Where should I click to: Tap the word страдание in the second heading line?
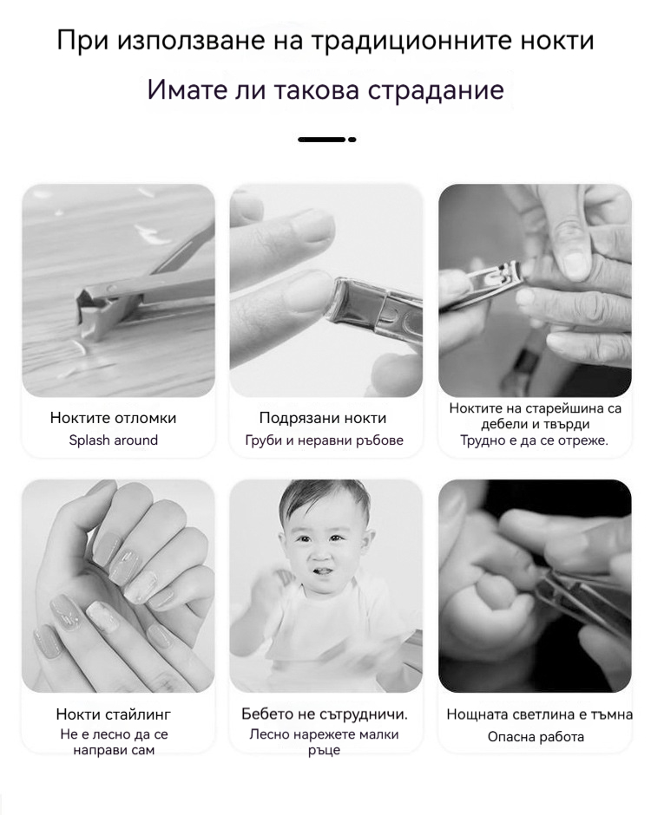point(436,90)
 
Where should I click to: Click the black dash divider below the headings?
point(326,140)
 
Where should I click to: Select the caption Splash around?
point(114,440)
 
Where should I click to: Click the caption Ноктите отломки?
point(113,418)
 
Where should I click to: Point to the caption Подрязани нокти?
point(323,418)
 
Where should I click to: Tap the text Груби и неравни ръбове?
point(325,440)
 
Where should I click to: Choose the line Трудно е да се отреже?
point(535,440)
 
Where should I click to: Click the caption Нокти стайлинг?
point(114,714)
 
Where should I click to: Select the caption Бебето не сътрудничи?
point(325,714)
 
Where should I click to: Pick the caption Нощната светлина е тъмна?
point(540,714)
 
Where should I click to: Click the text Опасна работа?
point(536,737)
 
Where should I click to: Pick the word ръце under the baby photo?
point(324,752)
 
